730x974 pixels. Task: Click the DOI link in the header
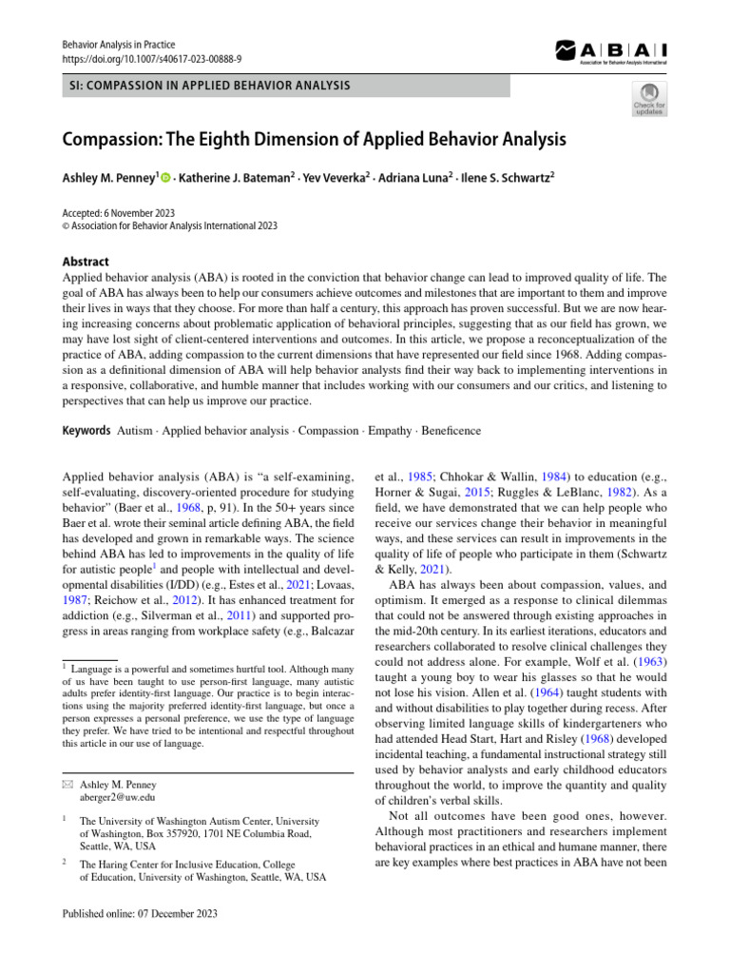(151, 59)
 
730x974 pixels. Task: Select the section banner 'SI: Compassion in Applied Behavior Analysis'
(206, 87)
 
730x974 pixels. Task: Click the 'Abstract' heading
(86, 262)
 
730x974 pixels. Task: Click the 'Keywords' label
(86, 431)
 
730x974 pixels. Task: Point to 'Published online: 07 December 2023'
(140, 913)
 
